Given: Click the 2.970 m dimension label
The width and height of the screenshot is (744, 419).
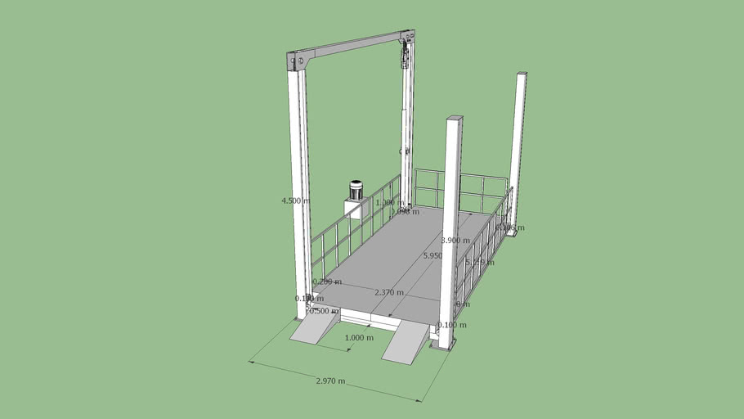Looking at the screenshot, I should [x=330, y=381].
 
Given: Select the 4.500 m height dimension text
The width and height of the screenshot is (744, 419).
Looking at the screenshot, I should [x=295, y=200].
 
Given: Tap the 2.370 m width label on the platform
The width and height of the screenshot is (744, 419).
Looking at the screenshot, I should [x=388, y=292].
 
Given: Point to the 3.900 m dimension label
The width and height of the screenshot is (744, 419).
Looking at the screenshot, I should [x=455, y=241].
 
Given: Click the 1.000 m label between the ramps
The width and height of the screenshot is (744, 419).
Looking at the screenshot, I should [x=359, y=338].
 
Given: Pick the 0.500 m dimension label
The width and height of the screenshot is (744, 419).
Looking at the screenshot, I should [x=323, y=311].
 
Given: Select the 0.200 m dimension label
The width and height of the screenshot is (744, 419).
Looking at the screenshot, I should [x=327, y=282].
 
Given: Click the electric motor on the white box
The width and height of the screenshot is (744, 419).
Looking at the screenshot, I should [x=356, y=191].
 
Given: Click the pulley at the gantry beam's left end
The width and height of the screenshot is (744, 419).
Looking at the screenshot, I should [x=300, y=60].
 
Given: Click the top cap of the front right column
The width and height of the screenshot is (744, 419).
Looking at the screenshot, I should [x=455, y=119].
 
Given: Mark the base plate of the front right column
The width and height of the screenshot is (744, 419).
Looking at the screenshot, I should [x=443, y=345].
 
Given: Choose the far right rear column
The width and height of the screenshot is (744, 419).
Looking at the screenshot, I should [x=518, y=147].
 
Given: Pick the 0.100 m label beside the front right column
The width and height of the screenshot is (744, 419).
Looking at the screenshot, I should [x=452, y=325].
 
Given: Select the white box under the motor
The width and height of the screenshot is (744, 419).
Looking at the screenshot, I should [x=354, y=209].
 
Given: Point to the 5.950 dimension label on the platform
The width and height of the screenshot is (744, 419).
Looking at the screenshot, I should [x=433, y=256].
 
